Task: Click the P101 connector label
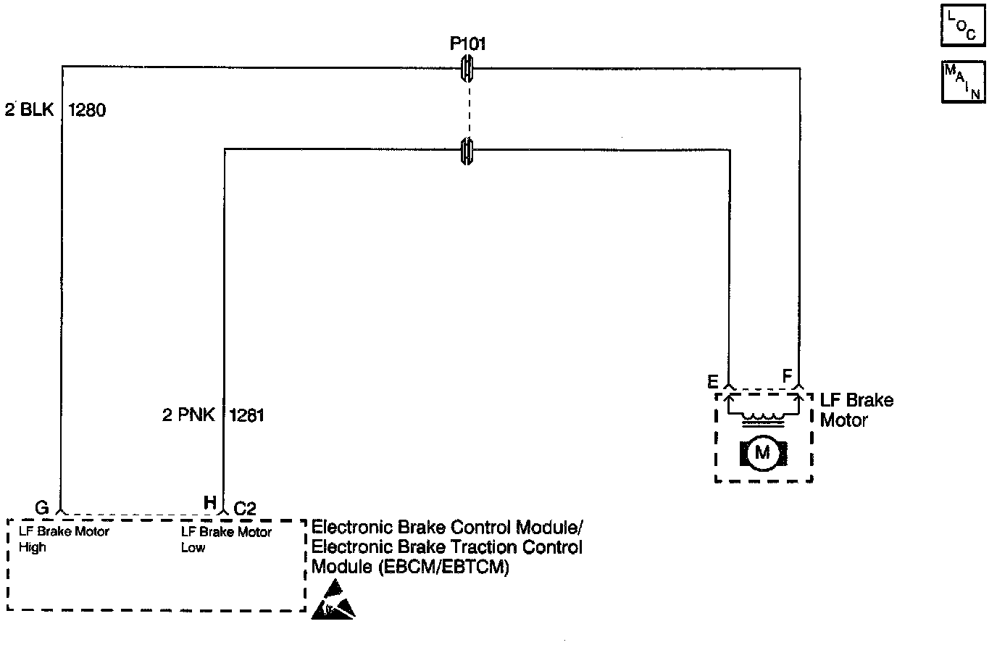[468, 44]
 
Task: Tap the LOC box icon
[963, 25]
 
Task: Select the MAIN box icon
[963, 81]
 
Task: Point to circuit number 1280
[87, 111]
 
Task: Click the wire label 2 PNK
[188, 415]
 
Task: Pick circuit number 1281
[247, 415]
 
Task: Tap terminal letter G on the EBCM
[42, 505]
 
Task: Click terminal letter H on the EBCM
[209, 503]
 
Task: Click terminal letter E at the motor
[713, 380]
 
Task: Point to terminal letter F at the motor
[787, 375]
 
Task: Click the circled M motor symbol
[762, 453]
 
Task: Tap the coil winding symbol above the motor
[762, 418]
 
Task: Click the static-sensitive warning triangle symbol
[333, 600]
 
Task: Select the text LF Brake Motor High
[64, 539]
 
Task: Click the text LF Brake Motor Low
[226, 539]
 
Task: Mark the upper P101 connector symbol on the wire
[468, 69]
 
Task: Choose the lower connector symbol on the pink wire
[468, 151]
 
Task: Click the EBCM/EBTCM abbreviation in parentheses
[444, 567]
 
